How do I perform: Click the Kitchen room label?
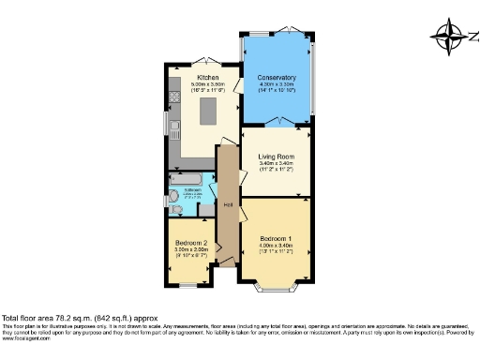(207, 77)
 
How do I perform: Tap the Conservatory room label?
(277, 78)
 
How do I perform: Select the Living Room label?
(277, 156)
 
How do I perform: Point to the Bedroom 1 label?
(277, 238)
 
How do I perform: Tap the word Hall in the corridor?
(228, 205)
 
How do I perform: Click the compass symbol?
(448, 37)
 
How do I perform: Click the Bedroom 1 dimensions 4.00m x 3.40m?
(277, 246)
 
